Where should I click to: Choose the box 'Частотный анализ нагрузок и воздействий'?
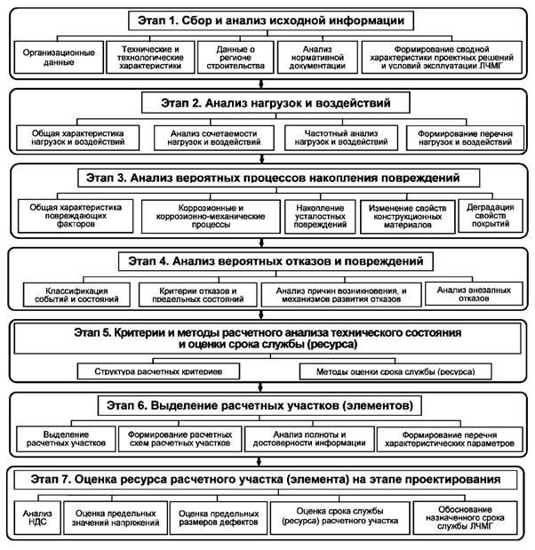pos(338,139)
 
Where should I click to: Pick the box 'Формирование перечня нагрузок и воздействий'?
pos(460,139)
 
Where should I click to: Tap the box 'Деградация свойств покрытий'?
pos(488,215)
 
